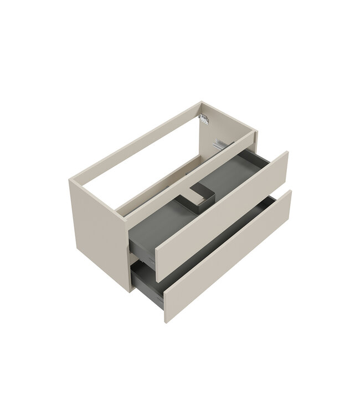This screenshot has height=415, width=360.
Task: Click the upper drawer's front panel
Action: pyautogui.click(x=222, y=210)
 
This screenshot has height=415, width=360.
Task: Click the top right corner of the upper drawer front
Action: pyautogui.click(x=287, y=151)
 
